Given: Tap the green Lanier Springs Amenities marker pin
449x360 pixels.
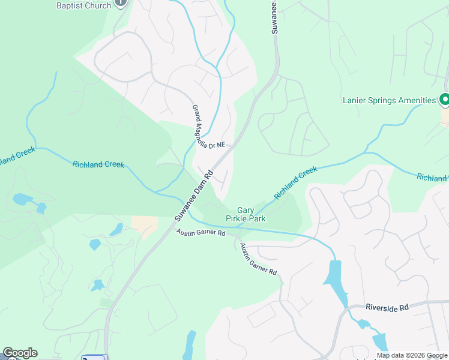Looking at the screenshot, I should (x=445, y=99).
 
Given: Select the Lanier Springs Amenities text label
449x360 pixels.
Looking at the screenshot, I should (x=388, y=100).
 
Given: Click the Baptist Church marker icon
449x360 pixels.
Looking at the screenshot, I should (x=121, y=4).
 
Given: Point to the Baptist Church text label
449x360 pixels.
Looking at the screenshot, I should (x=83, y=5).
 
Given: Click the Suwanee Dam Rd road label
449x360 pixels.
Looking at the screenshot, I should (x=194, y=197).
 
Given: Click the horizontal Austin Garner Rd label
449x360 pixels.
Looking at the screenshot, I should (x=200, y=232).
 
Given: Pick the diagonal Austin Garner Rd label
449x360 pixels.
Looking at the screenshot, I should (x=258, y=259).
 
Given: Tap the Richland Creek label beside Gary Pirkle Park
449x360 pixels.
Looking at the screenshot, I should (x=295, y=183).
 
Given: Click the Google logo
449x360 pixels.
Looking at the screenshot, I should (x=20, y=353).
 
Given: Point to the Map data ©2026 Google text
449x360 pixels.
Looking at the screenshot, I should (x=412, y=355).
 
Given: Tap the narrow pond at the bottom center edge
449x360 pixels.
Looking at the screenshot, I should (x=190, y=345).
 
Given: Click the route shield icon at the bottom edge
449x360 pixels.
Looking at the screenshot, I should (x=92, y=358).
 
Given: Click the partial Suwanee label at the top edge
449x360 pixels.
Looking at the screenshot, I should (x=273, y=13).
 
